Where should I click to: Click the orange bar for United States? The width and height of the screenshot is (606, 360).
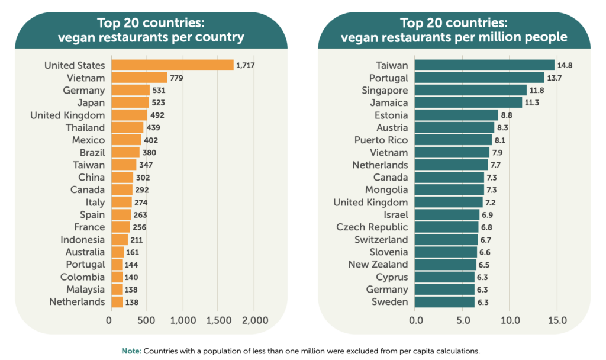[172, 65]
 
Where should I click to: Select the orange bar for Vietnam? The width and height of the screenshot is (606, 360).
[139, 78]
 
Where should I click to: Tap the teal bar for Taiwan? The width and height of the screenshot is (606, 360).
[484, 65]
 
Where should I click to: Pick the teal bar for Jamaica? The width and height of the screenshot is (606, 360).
[468, 102]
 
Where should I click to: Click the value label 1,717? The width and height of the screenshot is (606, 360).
[246, 65]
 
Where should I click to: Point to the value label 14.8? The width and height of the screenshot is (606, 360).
[564, 65]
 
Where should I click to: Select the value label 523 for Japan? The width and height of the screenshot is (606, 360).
[159, 102]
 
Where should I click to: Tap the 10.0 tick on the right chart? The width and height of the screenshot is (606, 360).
[510, 321]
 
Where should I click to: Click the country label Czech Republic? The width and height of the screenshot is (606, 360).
[372, 227]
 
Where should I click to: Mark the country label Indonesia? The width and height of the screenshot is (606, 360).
[83, 240]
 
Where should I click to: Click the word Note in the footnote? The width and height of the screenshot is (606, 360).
[131, 351]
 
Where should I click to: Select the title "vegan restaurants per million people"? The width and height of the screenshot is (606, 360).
[454, 37]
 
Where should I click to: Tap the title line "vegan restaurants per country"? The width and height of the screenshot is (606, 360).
[151, 37]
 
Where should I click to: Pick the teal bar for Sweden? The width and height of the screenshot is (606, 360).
[444, 302]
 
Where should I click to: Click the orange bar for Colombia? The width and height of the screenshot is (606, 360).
[116, 277]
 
